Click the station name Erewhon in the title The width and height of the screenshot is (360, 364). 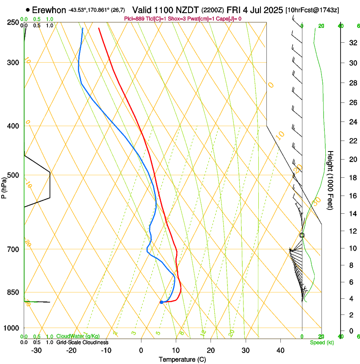click(x=49, y=10)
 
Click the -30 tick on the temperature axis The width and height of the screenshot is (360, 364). click(x=36, y=350)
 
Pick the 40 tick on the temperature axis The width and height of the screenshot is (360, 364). click(x=280, y=350)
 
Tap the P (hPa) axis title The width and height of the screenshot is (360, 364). click(x=4, y=187)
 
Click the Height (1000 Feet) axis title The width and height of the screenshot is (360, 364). click(x=330, y=180)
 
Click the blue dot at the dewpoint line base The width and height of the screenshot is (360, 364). click(x=161, y=302)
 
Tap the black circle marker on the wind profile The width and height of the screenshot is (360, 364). click(x=302, y=235)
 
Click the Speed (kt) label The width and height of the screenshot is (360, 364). click(x=321, y=342)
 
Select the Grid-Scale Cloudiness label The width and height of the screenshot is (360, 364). click(x=82, y=342)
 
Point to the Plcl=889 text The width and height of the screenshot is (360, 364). click(x=135, y=19)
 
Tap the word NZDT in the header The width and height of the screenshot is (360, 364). click(x=185, y=10)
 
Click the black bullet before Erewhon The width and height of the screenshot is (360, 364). click(x=28, y=9)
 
